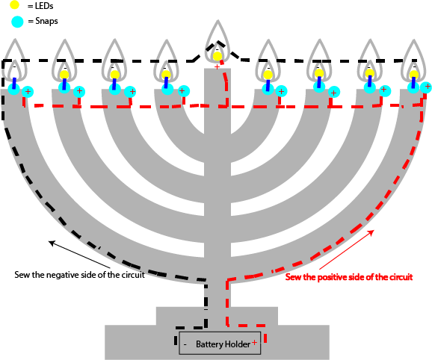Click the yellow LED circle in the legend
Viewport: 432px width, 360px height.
[x=15, y=6]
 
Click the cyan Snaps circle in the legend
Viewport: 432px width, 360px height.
[x=15, y=22]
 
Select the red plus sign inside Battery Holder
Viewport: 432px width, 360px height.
[x=254, y=344]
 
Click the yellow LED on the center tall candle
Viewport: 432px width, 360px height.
[x=217, y=55]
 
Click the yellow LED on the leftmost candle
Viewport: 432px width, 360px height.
[x=14, y=74]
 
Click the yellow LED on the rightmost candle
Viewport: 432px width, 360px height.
[x=414, y=74]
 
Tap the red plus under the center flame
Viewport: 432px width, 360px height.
[x=217, y=67]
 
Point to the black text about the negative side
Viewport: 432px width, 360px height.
[x=79, y=274]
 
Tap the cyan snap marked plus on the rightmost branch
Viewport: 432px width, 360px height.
[x=426, y=87]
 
